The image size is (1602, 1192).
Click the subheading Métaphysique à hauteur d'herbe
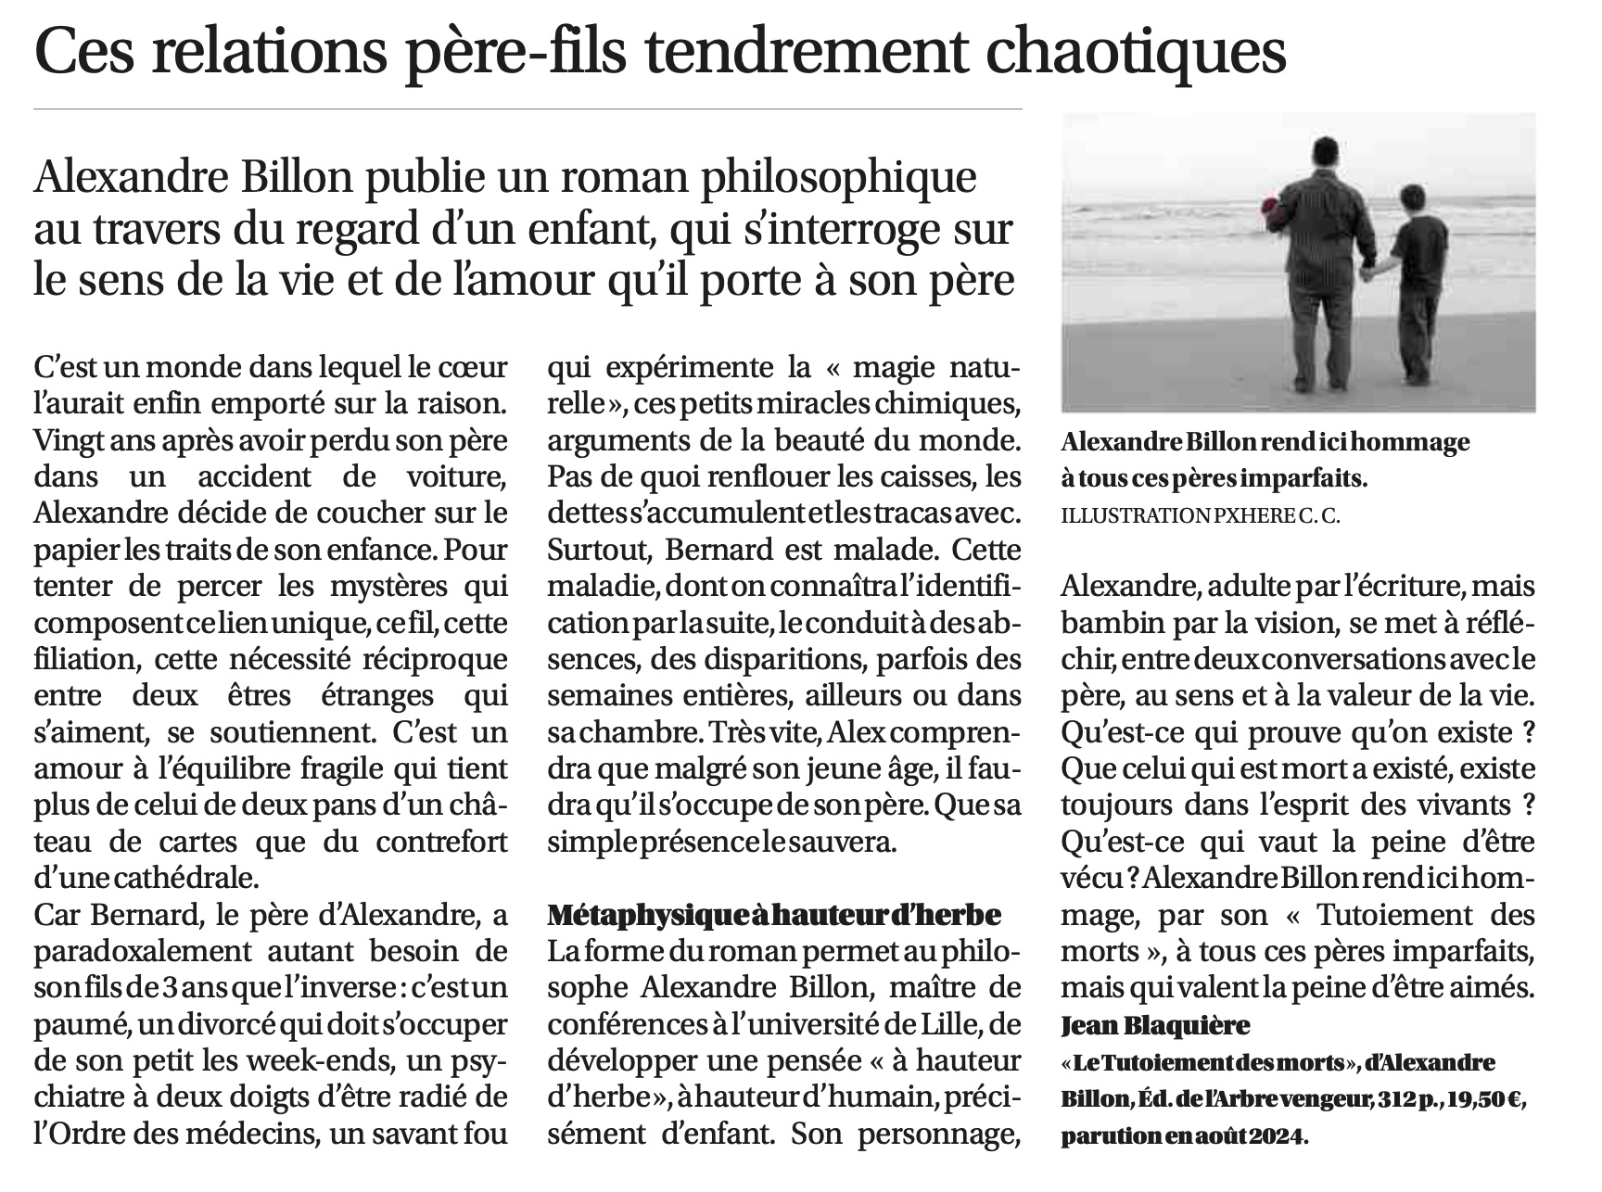coord(775,916)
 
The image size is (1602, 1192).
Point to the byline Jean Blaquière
coord(1155,1026)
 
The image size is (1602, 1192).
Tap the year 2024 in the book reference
coord(1276,1135)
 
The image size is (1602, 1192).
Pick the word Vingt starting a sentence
coord(67,439)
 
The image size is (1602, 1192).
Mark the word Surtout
coord(598,549)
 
